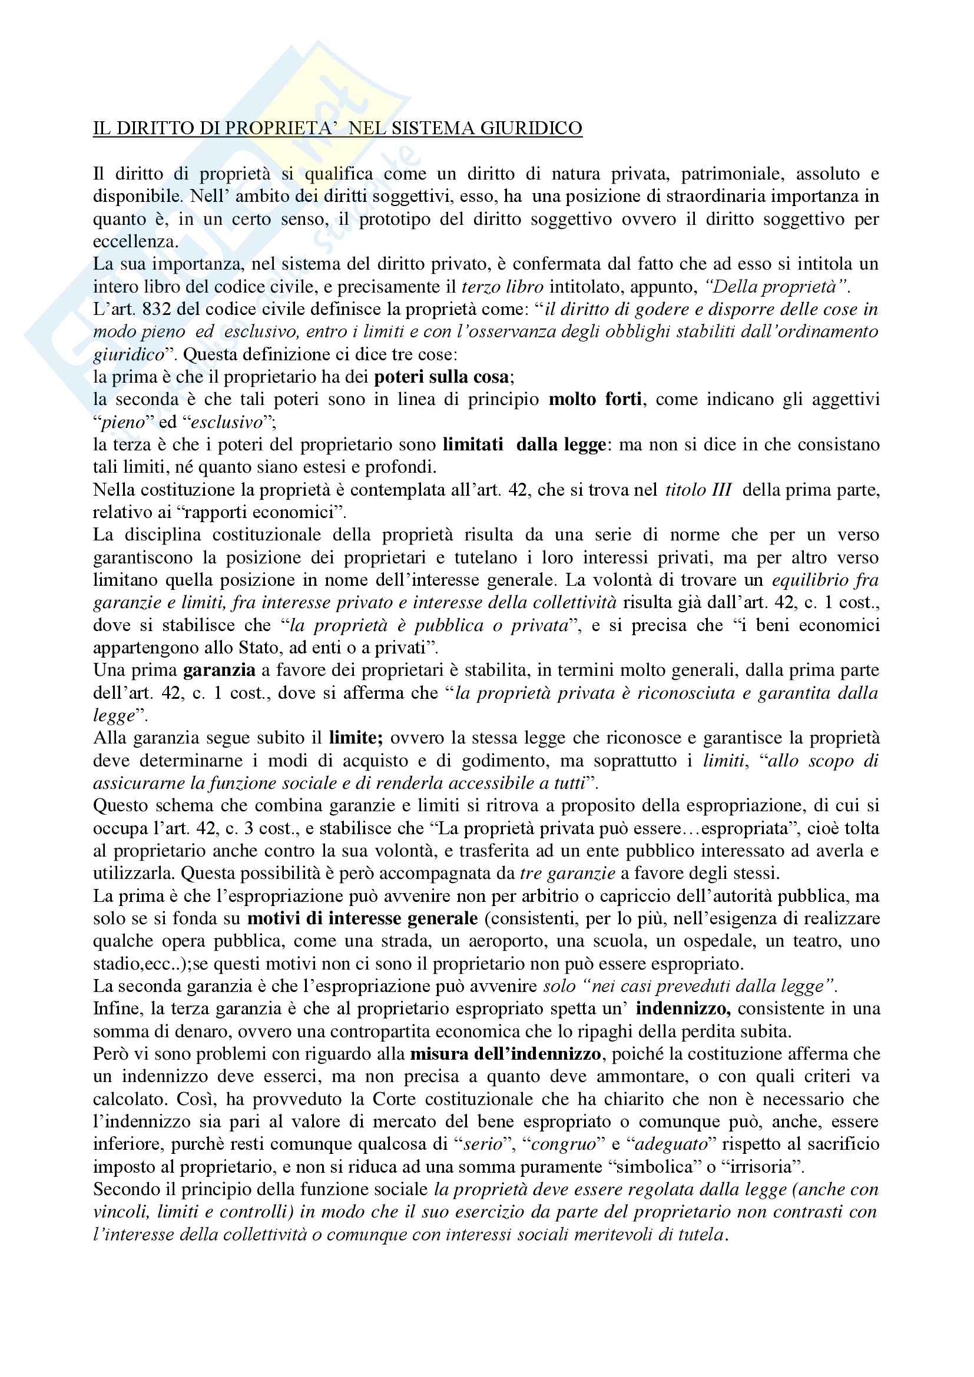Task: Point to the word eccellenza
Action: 134,242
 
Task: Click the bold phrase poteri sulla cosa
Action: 442,377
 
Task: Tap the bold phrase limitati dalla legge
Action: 525,444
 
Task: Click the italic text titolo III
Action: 698,490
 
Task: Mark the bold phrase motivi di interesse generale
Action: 362,919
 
